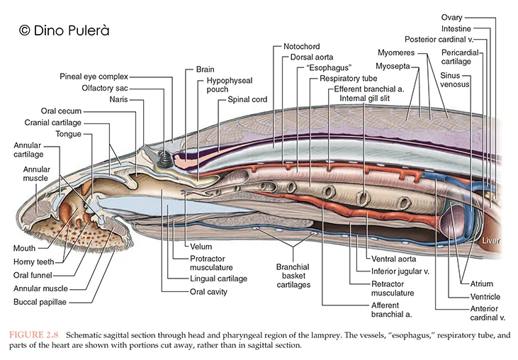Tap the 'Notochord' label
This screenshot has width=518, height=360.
300,47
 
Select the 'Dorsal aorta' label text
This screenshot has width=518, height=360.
311,57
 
